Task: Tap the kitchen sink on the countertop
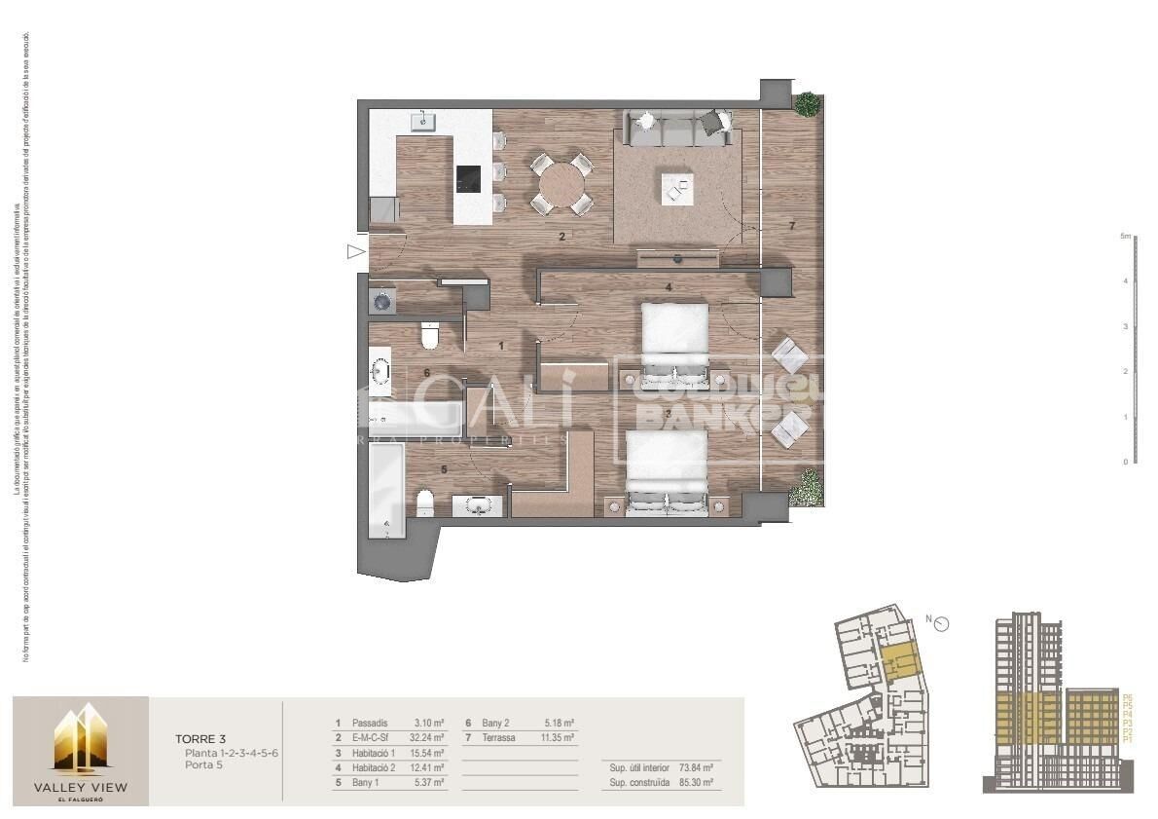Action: tap(423, 122)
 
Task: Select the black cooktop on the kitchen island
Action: tap(468, 178)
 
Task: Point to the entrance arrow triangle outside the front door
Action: tap(355, 252)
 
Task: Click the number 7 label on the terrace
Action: tap(792, 226)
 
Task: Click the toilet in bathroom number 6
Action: tap(429, 337)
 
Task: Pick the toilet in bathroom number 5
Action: tap(425, 503)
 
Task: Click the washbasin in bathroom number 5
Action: tap(477, 505)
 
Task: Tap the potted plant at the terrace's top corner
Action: tap(806, 104)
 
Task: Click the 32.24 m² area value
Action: tap(427, 737)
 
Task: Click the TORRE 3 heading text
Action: tap(199, 739)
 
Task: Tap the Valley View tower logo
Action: tap(80, 739)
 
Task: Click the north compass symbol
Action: tap(941, 624)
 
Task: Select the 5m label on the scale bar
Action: tap(1125, 237)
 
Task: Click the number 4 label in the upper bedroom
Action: tap(669, 287)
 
